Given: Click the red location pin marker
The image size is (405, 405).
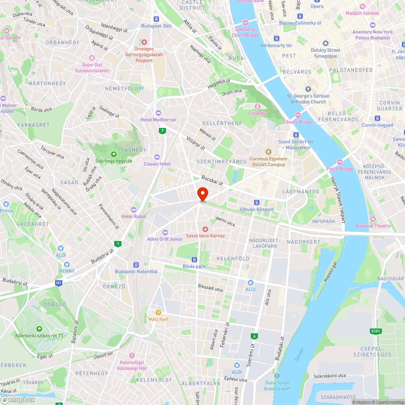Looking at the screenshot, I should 202,194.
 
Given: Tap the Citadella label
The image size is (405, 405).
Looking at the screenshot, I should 258,113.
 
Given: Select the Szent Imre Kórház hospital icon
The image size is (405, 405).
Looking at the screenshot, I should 205,230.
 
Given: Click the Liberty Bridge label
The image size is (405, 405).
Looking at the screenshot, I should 298,122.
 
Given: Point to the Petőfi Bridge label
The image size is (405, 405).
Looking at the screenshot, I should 340,169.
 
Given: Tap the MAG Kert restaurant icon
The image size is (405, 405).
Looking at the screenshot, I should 158,313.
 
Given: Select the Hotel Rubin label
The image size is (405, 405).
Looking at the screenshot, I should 133,216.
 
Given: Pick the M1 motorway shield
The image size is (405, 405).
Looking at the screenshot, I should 59,283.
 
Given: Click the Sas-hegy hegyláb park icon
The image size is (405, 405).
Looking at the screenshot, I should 114,154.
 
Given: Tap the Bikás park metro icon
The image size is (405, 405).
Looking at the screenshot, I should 194,259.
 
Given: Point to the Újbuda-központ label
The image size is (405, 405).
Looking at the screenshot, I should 257,209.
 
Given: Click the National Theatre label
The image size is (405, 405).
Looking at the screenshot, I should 373,226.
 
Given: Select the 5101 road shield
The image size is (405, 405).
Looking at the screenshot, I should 376,331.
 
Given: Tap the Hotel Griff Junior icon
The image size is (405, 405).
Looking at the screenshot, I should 165,232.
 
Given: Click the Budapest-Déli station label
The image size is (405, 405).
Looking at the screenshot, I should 156,26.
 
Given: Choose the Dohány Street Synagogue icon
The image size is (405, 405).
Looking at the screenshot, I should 325,44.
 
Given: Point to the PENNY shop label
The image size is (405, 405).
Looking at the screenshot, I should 67,271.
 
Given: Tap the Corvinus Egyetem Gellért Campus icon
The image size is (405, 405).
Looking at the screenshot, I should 268,152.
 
